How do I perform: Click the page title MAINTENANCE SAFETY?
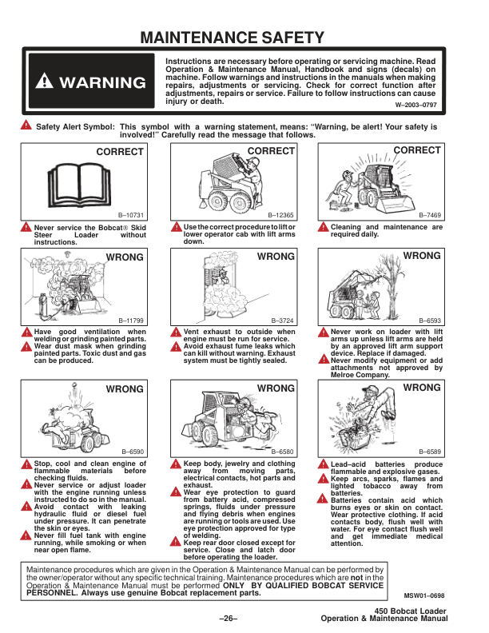(232, 38)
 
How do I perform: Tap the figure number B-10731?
(131, 217)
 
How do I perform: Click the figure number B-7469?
(427, 217)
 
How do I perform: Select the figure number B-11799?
(131, 320)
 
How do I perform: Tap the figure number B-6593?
(427, 320)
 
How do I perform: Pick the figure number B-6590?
(132, 452)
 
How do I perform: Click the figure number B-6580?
(280, 452)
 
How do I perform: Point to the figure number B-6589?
(427, 452)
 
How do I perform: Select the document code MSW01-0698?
(425, 595)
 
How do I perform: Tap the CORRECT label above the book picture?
(120, 152)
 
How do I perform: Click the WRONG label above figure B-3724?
(275, 257)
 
